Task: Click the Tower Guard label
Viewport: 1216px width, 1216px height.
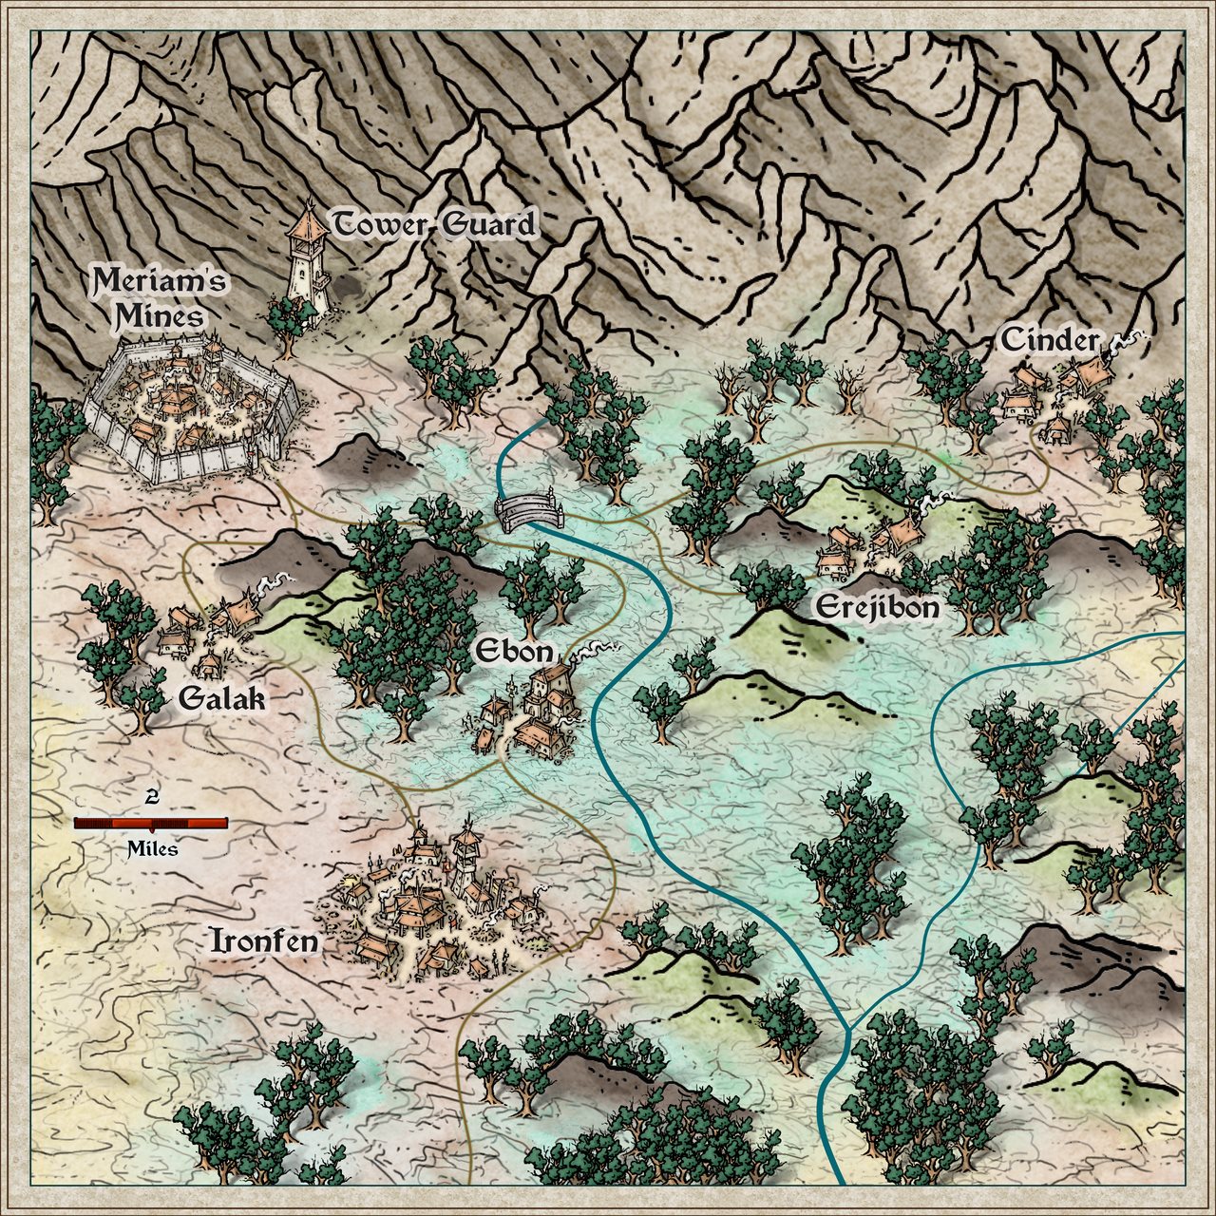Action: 433,226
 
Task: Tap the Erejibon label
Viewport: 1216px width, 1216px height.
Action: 877,607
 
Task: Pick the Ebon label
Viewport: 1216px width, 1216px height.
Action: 513,652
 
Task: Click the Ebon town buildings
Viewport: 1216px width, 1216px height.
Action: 532,712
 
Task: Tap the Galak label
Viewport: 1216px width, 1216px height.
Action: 221,700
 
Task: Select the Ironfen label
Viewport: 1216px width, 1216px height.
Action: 263,941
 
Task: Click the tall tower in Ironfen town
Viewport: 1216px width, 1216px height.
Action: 465,855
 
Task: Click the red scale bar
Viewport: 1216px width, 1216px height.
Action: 151,823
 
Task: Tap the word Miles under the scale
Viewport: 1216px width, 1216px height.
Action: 152,848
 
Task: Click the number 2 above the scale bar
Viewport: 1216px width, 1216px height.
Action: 151,796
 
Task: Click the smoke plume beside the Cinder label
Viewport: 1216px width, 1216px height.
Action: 1130,338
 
